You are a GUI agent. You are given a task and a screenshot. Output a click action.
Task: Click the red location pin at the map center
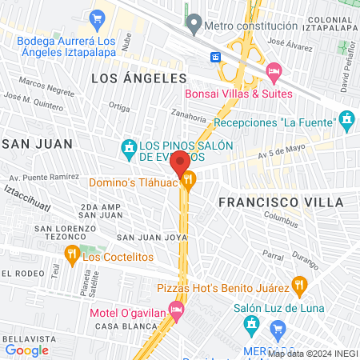[x=180, y=163]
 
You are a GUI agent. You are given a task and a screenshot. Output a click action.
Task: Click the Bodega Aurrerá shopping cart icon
[x=98, y=18]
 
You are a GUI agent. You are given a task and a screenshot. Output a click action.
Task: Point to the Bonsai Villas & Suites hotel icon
[x=274, y=73]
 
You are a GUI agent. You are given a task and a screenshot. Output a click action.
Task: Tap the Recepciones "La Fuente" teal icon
[x=346, y=122]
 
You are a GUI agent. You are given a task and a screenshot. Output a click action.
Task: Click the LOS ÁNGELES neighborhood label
[x=138, y=78]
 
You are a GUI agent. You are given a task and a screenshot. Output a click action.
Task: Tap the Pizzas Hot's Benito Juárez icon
[x=300, y=284]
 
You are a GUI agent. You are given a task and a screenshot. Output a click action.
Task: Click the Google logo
[x=26, y=350]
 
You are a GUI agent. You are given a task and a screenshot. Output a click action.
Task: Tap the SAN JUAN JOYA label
[x=152, y=238]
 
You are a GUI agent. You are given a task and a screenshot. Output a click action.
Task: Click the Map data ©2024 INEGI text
[x=312, y=353]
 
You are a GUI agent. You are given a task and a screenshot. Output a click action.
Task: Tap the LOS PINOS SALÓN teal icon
[x=127, y=148]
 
